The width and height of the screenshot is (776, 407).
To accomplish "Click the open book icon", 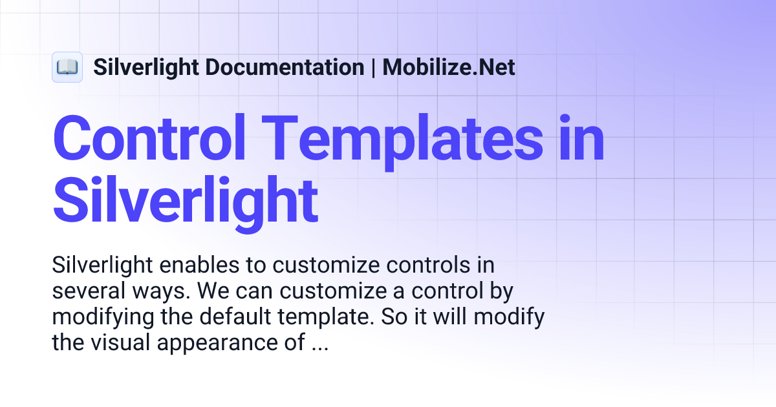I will pyautogui.click(x=67, y=67).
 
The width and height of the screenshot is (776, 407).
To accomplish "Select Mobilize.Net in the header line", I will pyautogui.click(x=449, y=67).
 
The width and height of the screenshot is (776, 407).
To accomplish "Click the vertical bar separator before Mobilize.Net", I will pyautogui.click(x=373, y=67).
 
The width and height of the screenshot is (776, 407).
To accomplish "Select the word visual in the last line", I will pyautogui.click(x=121, y=343).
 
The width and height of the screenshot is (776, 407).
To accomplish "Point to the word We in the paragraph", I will pyautogui.click(x=211, y=291).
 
